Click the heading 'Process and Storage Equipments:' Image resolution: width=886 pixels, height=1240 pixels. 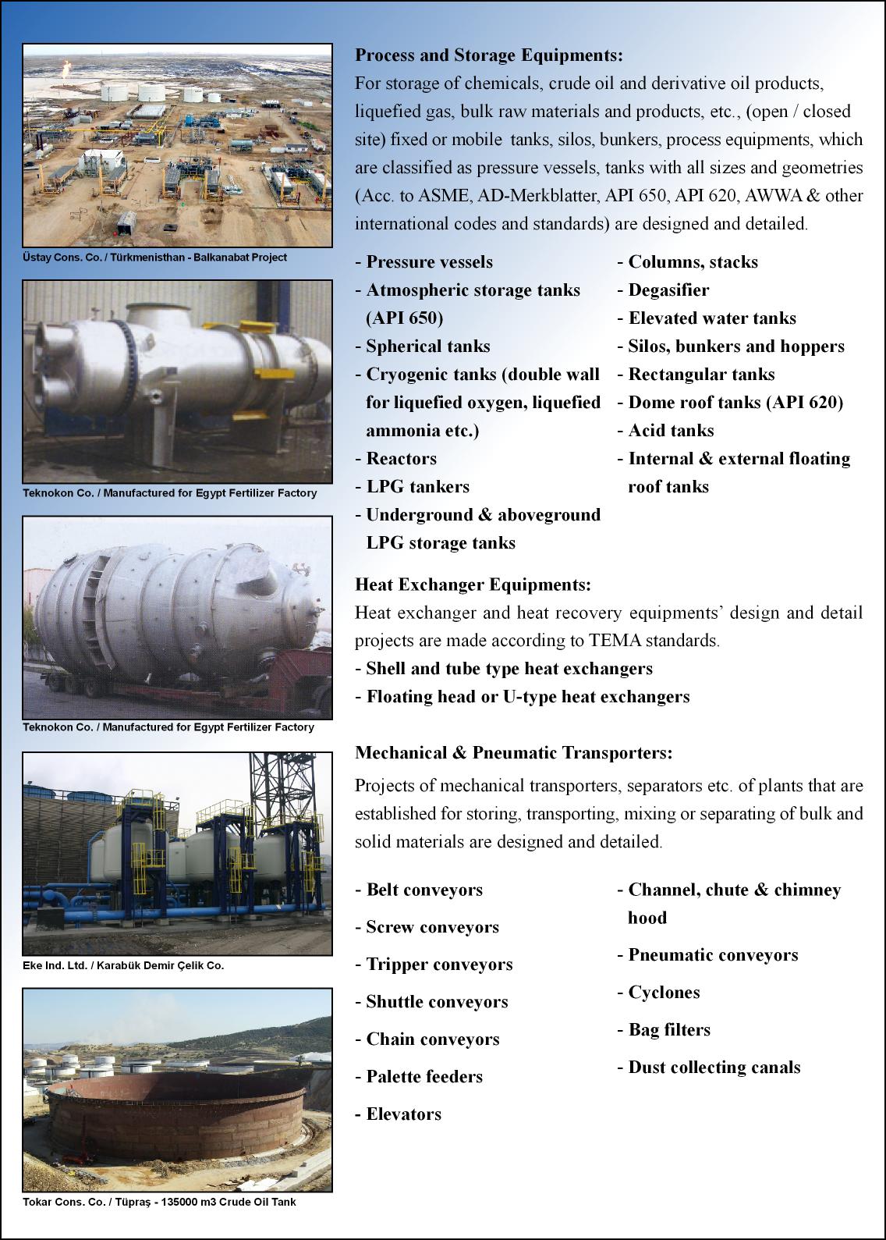click(489, 55)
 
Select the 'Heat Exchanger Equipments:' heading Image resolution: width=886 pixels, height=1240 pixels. click(473, 584)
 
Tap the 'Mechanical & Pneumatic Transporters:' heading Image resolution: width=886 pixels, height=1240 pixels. click(513, 753)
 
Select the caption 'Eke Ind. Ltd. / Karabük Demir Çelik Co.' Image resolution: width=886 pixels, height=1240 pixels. click(123, 965)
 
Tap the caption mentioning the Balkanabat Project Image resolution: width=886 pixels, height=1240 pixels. click(154, 258)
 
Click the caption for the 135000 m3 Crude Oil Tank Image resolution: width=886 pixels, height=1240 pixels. click(159, 1202)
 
